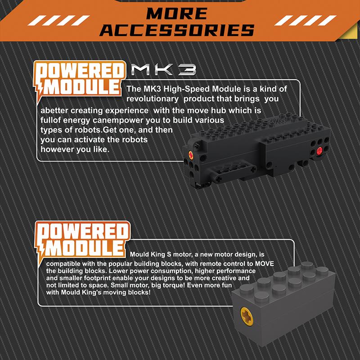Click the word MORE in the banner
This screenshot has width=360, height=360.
[x=176, y=13]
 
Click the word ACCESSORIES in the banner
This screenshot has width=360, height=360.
[x=177, y=30]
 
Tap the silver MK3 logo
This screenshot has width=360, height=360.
[x=164, y=70]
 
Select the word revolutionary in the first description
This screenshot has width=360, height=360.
[x=152, y=99]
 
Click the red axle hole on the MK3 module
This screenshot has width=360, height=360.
[x=319, y=151]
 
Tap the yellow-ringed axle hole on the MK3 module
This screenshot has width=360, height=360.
[x=191, y=155]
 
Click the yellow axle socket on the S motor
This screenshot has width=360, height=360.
[x=247, y=317]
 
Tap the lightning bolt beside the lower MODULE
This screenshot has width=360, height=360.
[x=40, y=249]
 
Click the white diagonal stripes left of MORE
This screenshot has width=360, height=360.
[x=58, y=20]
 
